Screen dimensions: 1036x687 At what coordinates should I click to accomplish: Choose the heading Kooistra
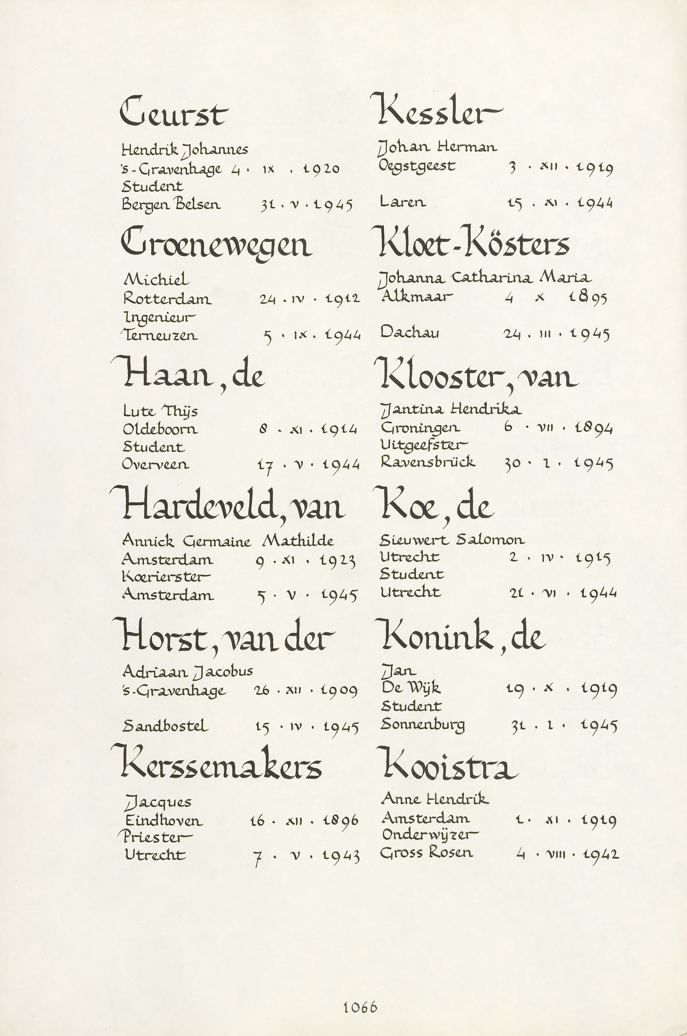point(448,766)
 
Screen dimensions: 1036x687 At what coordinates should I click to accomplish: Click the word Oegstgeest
point(417,167)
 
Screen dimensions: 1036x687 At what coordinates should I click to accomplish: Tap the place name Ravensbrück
point(428,461)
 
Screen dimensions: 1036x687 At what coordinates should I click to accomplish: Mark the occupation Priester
point(155,837)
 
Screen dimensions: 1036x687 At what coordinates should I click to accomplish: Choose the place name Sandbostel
point(165,726)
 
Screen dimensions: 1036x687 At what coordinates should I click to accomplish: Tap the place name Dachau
point(410,332)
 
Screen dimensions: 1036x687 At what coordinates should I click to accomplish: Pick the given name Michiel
point(156,279)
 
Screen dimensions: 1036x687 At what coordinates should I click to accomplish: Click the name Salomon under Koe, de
point(490,540)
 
